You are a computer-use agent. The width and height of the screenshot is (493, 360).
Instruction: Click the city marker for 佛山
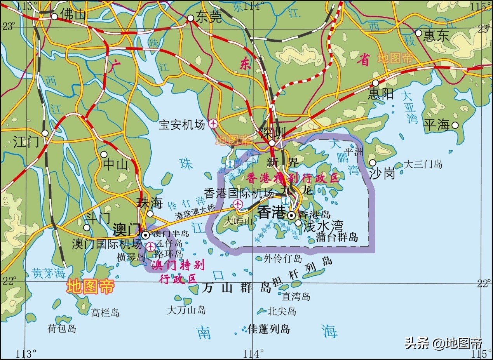pos(54,16)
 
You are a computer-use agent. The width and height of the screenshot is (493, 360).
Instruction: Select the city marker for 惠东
pos(418,33)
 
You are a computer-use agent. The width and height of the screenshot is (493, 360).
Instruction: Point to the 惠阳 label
pos(381,94)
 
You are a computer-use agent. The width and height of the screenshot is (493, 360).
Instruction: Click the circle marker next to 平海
pos(455,125)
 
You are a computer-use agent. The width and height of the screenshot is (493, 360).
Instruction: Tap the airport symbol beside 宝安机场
pos(213,124)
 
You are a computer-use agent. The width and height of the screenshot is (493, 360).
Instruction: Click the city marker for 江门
pos(45,133)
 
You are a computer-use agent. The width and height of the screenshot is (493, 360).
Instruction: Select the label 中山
pos(115,165)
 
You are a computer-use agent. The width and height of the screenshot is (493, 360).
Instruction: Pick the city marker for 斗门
pos(87,227)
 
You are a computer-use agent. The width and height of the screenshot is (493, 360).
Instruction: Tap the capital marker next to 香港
pos(291,215)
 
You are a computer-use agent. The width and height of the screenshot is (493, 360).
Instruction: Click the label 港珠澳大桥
pos(195,209)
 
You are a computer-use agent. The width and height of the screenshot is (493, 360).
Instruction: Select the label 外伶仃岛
pos(282,258)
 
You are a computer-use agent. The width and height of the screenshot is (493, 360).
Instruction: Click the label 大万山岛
pos(186,310)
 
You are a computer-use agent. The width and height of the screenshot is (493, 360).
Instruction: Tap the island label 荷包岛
pos(62,329)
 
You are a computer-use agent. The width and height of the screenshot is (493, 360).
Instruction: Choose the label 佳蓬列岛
pos(269,329)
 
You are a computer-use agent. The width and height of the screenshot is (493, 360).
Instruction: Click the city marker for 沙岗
pos(373,162)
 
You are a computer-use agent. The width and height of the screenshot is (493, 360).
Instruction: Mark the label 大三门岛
pos(423,164)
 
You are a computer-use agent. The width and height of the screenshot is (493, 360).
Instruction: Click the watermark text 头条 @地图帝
pos(443,343)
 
